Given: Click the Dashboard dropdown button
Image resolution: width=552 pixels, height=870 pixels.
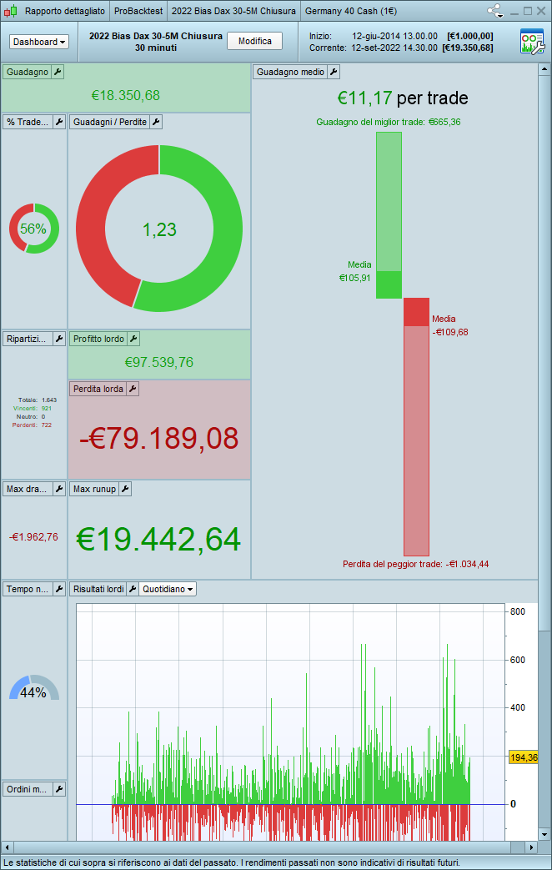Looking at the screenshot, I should (x=39, y=42).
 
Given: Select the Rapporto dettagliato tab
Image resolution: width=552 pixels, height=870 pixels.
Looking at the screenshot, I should (x=64, y=11).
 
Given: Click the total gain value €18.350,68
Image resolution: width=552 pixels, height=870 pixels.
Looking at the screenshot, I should (x=126, y=96).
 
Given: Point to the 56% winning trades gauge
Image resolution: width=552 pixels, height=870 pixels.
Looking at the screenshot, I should (x=33, y=229).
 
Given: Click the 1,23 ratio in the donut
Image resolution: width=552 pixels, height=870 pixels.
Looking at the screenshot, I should (x=159, y=229).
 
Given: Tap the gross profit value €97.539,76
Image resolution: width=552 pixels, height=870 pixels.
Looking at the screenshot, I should (x=159, y=362).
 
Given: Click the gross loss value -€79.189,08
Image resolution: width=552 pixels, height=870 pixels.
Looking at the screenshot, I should (x=159, y=438).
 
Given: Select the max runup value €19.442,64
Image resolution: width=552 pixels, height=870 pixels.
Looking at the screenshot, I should (x=158, y=539).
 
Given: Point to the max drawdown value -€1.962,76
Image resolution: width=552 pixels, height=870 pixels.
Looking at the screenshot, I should (x=33, y=536).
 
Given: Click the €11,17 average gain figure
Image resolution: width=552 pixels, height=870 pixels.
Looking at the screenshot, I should (x=365, y=98).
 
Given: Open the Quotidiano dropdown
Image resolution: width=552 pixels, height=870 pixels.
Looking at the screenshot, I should (x=168, y=589).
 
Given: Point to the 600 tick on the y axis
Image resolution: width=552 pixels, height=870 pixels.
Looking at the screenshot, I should (x=517, y=660).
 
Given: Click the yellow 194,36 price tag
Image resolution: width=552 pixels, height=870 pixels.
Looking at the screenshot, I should (x=524, y=757).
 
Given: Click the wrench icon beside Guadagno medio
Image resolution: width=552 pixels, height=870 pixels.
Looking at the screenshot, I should (x=334, y=73).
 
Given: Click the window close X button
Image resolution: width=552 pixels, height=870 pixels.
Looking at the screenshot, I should (x=540, y=11).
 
